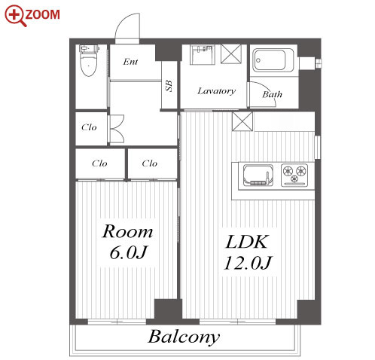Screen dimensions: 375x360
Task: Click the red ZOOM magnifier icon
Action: [14, 16]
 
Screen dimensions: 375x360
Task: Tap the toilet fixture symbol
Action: [88, 60]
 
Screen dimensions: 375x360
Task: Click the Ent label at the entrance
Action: [130, 62]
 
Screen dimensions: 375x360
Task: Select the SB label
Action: [169, 86]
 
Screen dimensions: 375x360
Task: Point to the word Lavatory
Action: [216, 91]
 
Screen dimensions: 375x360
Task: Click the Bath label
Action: [272, 94]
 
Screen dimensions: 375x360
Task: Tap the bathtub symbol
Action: [273, 60]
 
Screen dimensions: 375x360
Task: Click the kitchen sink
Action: [258, 175]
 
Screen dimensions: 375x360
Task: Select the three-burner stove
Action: [294, 175]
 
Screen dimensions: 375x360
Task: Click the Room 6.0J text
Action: [128, 241]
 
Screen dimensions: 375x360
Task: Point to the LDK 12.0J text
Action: [248, 252]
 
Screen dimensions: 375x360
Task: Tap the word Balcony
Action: [184, 337]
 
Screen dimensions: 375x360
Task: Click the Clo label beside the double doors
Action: [89, 127]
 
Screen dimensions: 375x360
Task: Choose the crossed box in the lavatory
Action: [231, 53]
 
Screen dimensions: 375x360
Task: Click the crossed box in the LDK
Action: [242, 121]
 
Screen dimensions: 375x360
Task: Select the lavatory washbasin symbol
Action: [203, 55]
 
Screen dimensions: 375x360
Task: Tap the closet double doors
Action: [117, 129]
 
